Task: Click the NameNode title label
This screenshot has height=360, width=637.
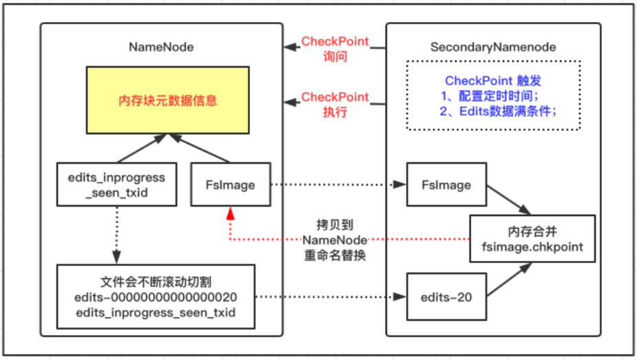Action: coord(161,47)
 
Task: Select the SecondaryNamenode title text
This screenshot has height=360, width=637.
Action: coord(493,47)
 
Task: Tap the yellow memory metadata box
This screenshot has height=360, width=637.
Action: coord(168,100)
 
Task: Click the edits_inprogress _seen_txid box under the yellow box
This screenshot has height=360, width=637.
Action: coord(117,184)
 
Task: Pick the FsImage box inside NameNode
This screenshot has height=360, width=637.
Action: coord(231,184)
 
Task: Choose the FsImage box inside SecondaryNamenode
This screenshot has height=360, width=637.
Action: coord(446,184)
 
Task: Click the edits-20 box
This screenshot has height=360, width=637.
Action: coord(446,297)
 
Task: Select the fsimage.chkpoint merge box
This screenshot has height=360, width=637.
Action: coord(532,239)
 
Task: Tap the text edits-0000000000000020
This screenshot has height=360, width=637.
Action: coord(156,297)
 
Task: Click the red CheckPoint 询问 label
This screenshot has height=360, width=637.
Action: coord(335,49)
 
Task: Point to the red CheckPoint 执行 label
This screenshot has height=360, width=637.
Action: coord(335,105)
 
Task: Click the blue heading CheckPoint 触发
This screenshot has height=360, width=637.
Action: coord(493,81)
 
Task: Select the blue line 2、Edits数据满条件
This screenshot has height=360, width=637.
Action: coord(498,112)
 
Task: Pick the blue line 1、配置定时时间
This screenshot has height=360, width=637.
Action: coord(490,96)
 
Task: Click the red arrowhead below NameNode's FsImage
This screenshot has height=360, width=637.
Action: coord(230,213)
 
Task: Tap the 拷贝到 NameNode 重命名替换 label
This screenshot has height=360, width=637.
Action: coord(335,240)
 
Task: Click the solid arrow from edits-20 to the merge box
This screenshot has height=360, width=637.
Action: coord(510,279)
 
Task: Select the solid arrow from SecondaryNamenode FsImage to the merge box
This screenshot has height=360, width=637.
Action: coord(509,200)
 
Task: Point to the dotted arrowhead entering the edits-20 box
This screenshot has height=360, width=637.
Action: coord(399,297)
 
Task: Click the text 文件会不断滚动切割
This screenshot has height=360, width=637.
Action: coord(156,282)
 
